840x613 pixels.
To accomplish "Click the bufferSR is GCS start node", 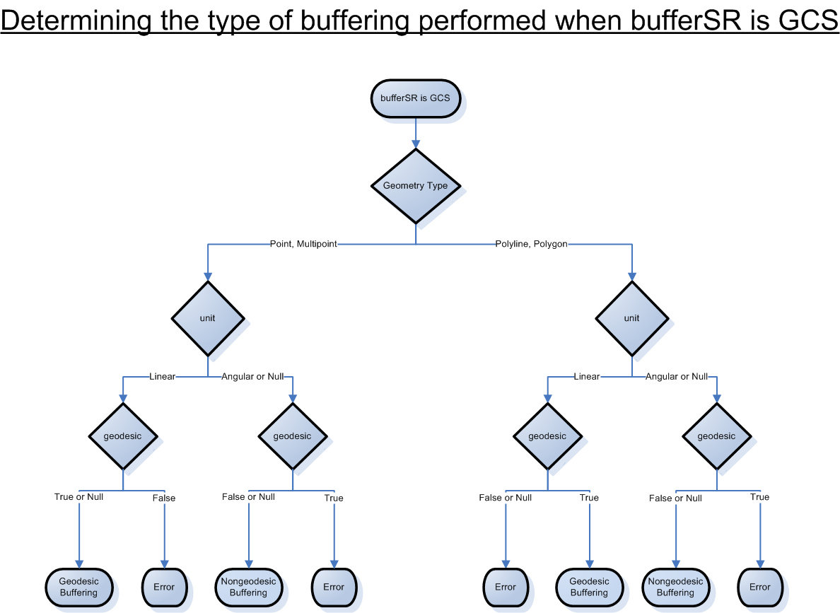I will [x=415, y=98].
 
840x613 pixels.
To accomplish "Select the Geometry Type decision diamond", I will [x=415, y=186].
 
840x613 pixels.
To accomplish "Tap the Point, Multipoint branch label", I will [x=303, y=244].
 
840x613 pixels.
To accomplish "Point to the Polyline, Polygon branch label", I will [x=532, y=244].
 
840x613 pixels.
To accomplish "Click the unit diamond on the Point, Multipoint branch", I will [x=207, y=318].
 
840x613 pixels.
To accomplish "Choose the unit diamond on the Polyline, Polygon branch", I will [x=631, y=318].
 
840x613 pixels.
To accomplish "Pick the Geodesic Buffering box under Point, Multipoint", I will [x=78, y=587].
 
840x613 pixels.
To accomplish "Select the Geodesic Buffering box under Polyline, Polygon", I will [x=589, y=587].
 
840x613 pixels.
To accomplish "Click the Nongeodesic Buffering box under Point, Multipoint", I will [x=248, y=587].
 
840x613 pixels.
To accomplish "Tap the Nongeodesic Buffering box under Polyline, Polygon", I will [x=675, y=587].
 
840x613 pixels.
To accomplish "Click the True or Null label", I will [x=78, y=497].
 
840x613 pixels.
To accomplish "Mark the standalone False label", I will [x=164, y=498].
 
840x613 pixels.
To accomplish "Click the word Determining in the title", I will [x=76, y=21].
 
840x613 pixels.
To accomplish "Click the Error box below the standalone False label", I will [x=164, y=587].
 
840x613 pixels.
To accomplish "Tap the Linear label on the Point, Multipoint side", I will [x=162, y=377].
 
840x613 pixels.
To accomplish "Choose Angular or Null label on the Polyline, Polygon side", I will [x=677, y=377].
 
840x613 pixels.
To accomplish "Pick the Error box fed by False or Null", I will [x=506, y=587].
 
